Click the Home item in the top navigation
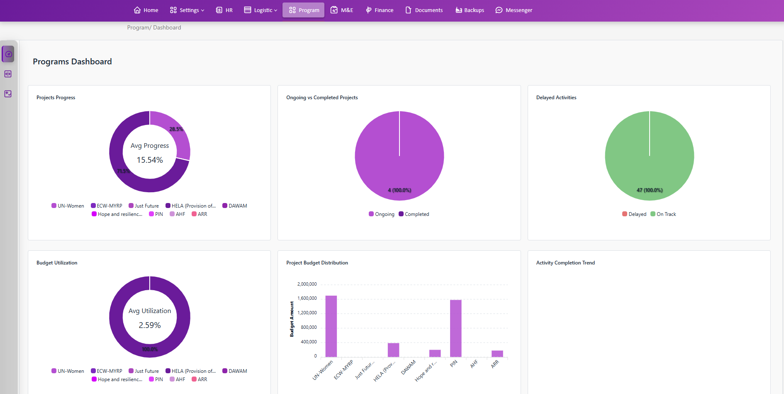pyautogui.click(x=146, y=10)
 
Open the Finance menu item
pyautogui.click(x=380, y=10)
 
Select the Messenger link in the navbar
pyautogui.click(x=514, y=10)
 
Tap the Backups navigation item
pyautogui.click(x=470, y=10)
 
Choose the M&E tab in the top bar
pyautogui.click(x=342, y=10)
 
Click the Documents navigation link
pyautogui.click(x=424, y=10)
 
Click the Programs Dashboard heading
pyautogui.click(x=72, y=61)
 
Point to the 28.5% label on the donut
pyautogui.click(x=176, y=129)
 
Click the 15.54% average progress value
pyautogui.click(x=150, y=160)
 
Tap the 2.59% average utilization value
pyautogui.click(x=150, y=325)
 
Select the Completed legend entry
pyautogui.click(x=414, y=214)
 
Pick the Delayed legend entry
pyautogui.click(x=634, y=214)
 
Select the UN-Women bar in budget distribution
pyautogui.click(x=331, y=326)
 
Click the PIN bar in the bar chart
pyautogui.click(x=455, y=328)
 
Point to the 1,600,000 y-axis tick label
pyautogui.click(x=307, y=298)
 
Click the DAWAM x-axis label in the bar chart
pyautogui.click(x=408, y=367)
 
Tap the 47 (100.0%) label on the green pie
pyautogui.click(x=650, y=190)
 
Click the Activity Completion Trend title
pyautogui.click(x=565, y=263)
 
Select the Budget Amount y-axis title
pyautogui.click(x=292, y=319)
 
